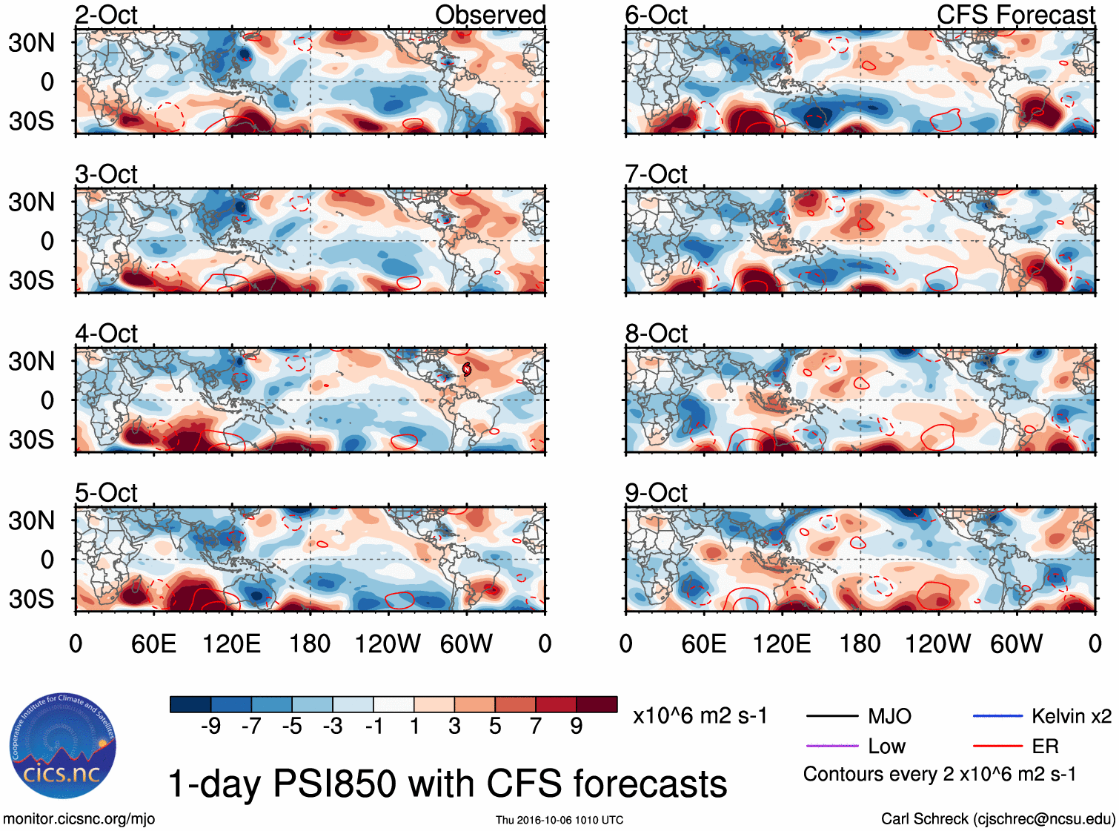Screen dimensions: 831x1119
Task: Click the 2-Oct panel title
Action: coord(106,15)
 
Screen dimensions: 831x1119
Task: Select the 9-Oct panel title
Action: coord(656,493)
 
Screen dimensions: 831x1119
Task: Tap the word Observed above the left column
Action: coord(490,15)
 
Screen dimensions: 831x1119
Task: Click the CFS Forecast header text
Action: coord(1015,15)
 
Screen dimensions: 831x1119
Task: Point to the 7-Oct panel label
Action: coord(656,174)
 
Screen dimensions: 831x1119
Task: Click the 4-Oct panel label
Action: coord(106,334)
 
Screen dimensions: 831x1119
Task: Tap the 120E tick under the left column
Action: coord(232,643)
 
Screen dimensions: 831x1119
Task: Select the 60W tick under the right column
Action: coord(1016,643)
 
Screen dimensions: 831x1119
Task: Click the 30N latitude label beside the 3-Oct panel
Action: coord(31,202)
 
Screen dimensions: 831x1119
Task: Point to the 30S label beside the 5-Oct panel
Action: coord(31,599)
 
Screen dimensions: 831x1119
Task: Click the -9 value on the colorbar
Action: coord(210,726)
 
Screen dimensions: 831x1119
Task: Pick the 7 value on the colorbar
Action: coord(536,726)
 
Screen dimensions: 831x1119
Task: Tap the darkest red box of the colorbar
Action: coord(597,704)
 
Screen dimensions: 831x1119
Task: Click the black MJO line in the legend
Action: coord(831,716)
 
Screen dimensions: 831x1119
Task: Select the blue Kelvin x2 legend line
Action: coord(997,716)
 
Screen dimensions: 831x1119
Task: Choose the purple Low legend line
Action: coord(831,746)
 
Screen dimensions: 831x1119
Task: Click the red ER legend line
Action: coord(997,746)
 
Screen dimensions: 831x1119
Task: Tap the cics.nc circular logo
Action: coord(63,746)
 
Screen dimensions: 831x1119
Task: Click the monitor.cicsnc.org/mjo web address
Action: coord(79,819)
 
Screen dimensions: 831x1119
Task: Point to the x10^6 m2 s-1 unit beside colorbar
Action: coord(700,716)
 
